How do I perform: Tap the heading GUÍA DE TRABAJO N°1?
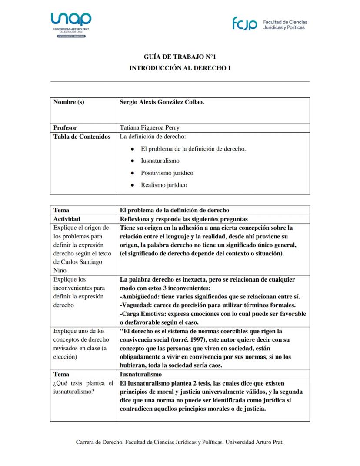click(180, 57)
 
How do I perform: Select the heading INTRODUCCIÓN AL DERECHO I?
click(180, 68)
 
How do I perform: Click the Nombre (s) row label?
click(69, 102)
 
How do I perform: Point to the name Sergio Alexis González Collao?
click(162, 102)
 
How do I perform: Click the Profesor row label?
click(65, 128)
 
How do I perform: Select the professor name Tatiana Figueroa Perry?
click(149, 128)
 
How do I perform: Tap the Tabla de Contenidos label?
click(82, 137)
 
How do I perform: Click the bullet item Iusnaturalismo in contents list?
click(160, 161)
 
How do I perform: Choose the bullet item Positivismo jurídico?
click(167, 173)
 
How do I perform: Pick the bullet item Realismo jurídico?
click(164, 185)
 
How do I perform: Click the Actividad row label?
click(67, 219)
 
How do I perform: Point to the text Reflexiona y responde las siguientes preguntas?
click(183, 219)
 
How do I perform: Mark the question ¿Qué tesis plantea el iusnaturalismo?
click(83, 387)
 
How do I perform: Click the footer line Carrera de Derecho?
click(180, 442)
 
